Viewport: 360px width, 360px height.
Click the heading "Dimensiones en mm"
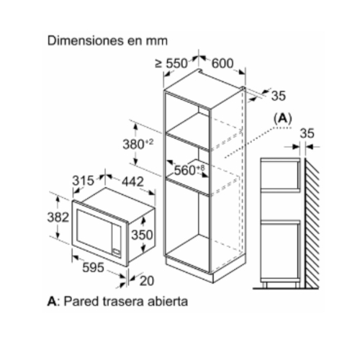[107, 41]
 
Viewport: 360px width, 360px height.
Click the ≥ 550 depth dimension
[171, 63]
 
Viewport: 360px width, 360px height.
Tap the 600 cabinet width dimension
[222, 63]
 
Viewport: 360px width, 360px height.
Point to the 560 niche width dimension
[189, 170]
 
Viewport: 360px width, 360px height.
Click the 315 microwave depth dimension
[83, 181]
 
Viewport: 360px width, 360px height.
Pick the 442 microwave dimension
[132, 181]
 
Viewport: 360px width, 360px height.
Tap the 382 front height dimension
[58, 217]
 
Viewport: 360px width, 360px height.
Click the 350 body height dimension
[142, 235]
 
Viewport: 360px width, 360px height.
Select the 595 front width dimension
[93, 267]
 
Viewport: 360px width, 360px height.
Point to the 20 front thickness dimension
[147, 281]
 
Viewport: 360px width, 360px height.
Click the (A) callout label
[283, 119]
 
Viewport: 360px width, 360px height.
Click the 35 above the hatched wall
[307, 133]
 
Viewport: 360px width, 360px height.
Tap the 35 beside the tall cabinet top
[279, 96]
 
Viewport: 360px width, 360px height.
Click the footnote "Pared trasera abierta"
[125, 302]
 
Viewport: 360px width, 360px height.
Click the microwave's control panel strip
[117, 240]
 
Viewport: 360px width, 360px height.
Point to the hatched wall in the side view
[312, 222]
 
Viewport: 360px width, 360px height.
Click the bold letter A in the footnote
[52, 302]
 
